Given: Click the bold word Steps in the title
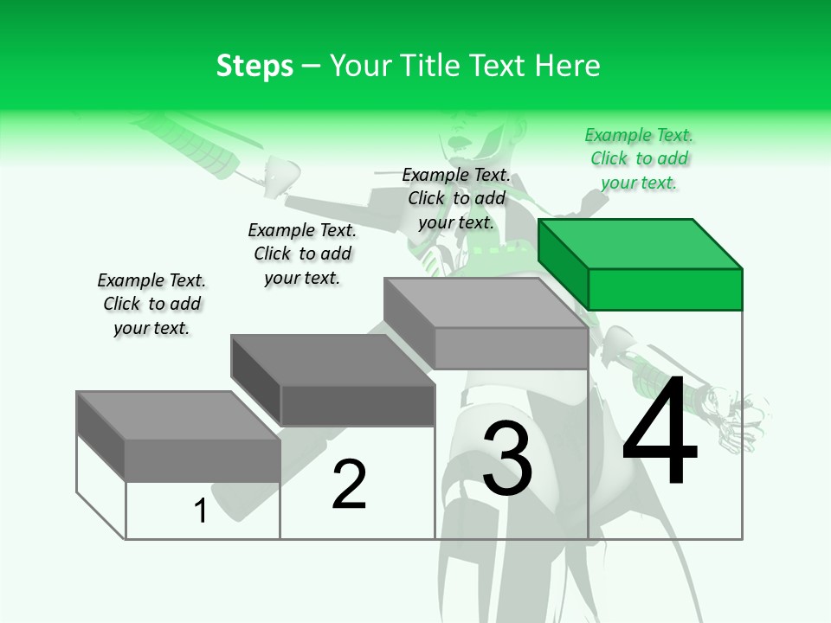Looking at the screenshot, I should [x=254, y=66].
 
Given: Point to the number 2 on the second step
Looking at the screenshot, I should [x=349, y=485].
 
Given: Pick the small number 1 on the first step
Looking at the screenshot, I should [x=201, y=511].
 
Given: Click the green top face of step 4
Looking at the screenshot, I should [x=639, y=243].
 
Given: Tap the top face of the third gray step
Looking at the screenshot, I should [x=485, y=302].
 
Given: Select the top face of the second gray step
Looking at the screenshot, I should [x=332, y=359].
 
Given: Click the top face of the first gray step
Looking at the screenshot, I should [x=177, y=415].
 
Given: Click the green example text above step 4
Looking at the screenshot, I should [x=639, y=158].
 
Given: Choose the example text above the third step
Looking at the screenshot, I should [x=456, y=198].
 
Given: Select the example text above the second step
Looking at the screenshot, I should [x=302, y=254].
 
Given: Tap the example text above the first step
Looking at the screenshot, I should [x=151, y=304].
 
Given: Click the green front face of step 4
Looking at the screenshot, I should [x=665, y=289].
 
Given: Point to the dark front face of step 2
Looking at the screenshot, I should [x=358, y=405].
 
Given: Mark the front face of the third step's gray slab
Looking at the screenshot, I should [x=511, y=348].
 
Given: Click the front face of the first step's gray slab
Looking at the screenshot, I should [x=203, y=459].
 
